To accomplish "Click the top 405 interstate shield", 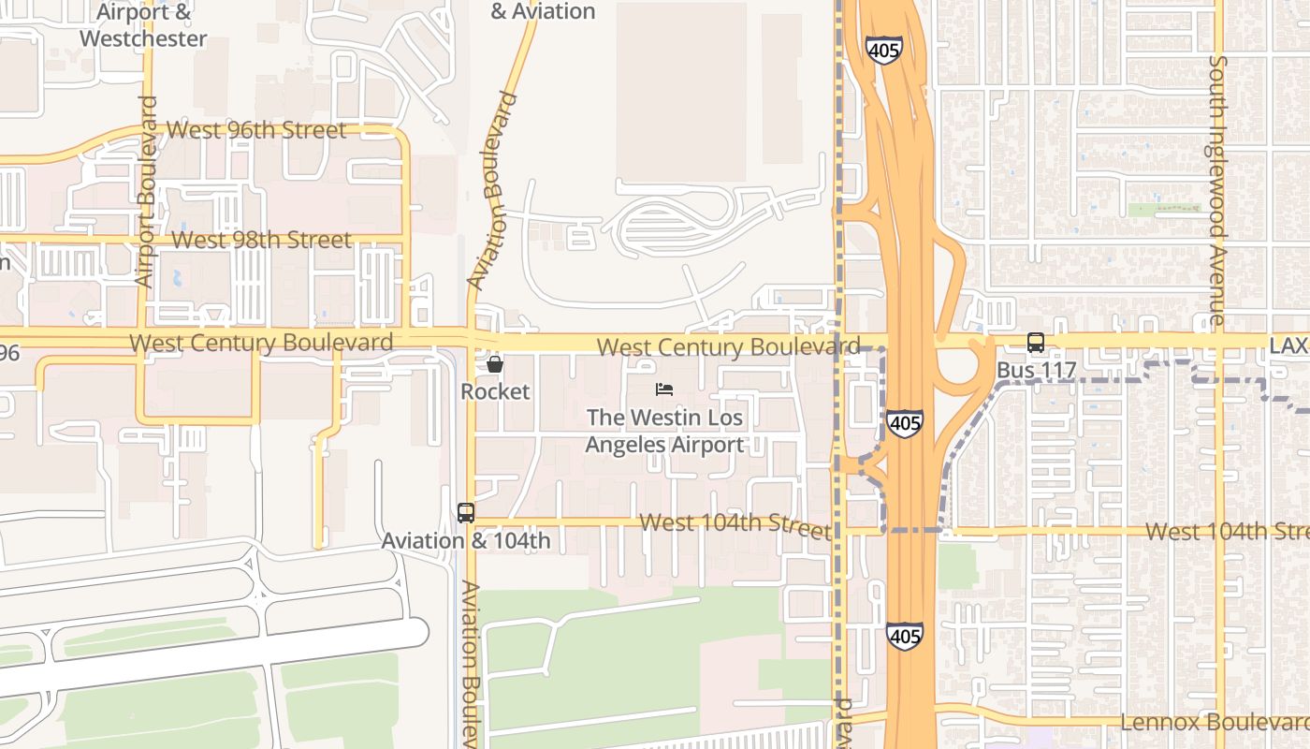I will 884,50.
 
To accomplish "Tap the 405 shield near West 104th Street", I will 905,423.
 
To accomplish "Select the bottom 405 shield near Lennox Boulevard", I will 905,636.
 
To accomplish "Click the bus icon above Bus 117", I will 1036,343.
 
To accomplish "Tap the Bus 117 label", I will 1035,371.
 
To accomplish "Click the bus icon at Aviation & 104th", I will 466,512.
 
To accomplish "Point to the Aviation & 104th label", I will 466,541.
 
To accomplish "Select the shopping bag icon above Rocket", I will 495,364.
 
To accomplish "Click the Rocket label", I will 495,391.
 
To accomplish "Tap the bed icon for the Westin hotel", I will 664,389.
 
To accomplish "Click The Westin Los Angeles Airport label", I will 664,431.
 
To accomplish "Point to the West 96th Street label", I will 256,130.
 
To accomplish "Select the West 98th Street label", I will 262,240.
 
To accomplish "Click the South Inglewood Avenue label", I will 1217,190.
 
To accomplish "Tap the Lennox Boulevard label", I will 1215,723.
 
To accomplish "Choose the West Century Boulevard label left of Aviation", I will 261,343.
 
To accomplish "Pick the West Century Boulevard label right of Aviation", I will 728,347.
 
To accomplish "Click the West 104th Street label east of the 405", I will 1226,532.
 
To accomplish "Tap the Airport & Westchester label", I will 143,25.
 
